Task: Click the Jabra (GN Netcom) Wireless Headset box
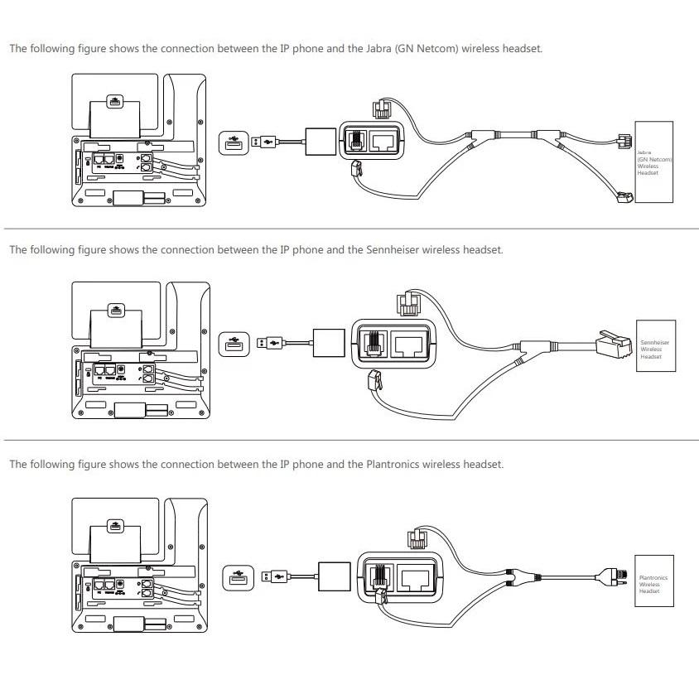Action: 653,161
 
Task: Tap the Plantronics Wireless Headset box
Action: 654,581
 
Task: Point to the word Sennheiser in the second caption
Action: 393,249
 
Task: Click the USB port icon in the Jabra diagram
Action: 232,142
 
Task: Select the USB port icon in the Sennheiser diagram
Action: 233,343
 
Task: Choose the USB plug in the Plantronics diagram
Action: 275,575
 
